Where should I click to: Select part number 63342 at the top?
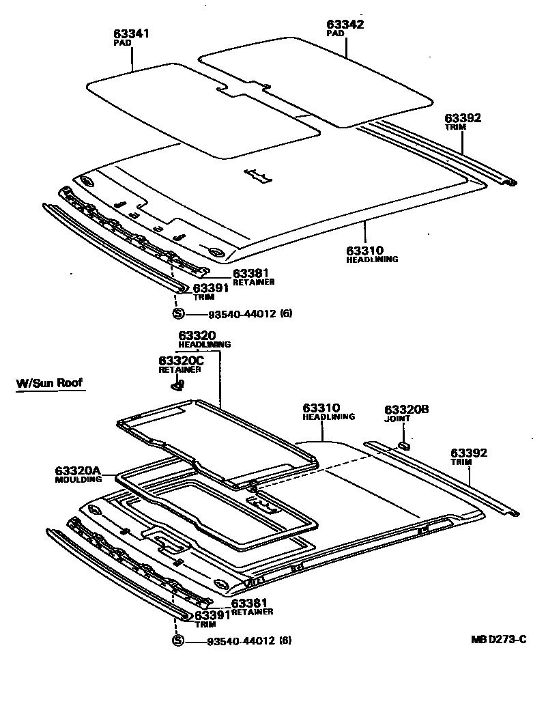point(345,24)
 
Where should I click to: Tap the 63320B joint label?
point(406,410)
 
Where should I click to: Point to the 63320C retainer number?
point(181,361)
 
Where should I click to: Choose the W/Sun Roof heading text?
point(49,383)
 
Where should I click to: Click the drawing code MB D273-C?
point(498,640)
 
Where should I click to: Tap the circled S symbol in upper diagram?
point(178,314)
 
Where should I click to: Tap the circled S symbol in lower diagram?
point(178,640)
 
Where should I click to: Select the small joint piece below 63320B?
point(403,445)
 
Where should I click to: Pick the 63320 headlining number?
point(197,335)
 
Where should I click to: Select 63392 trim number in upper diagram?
point(463,118)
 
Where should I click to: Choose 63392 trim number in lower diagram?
point(469,453)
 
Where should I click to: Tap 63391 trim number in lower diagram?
point(213,615)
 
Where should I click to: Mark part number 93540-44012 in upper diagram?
point(231,314)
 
